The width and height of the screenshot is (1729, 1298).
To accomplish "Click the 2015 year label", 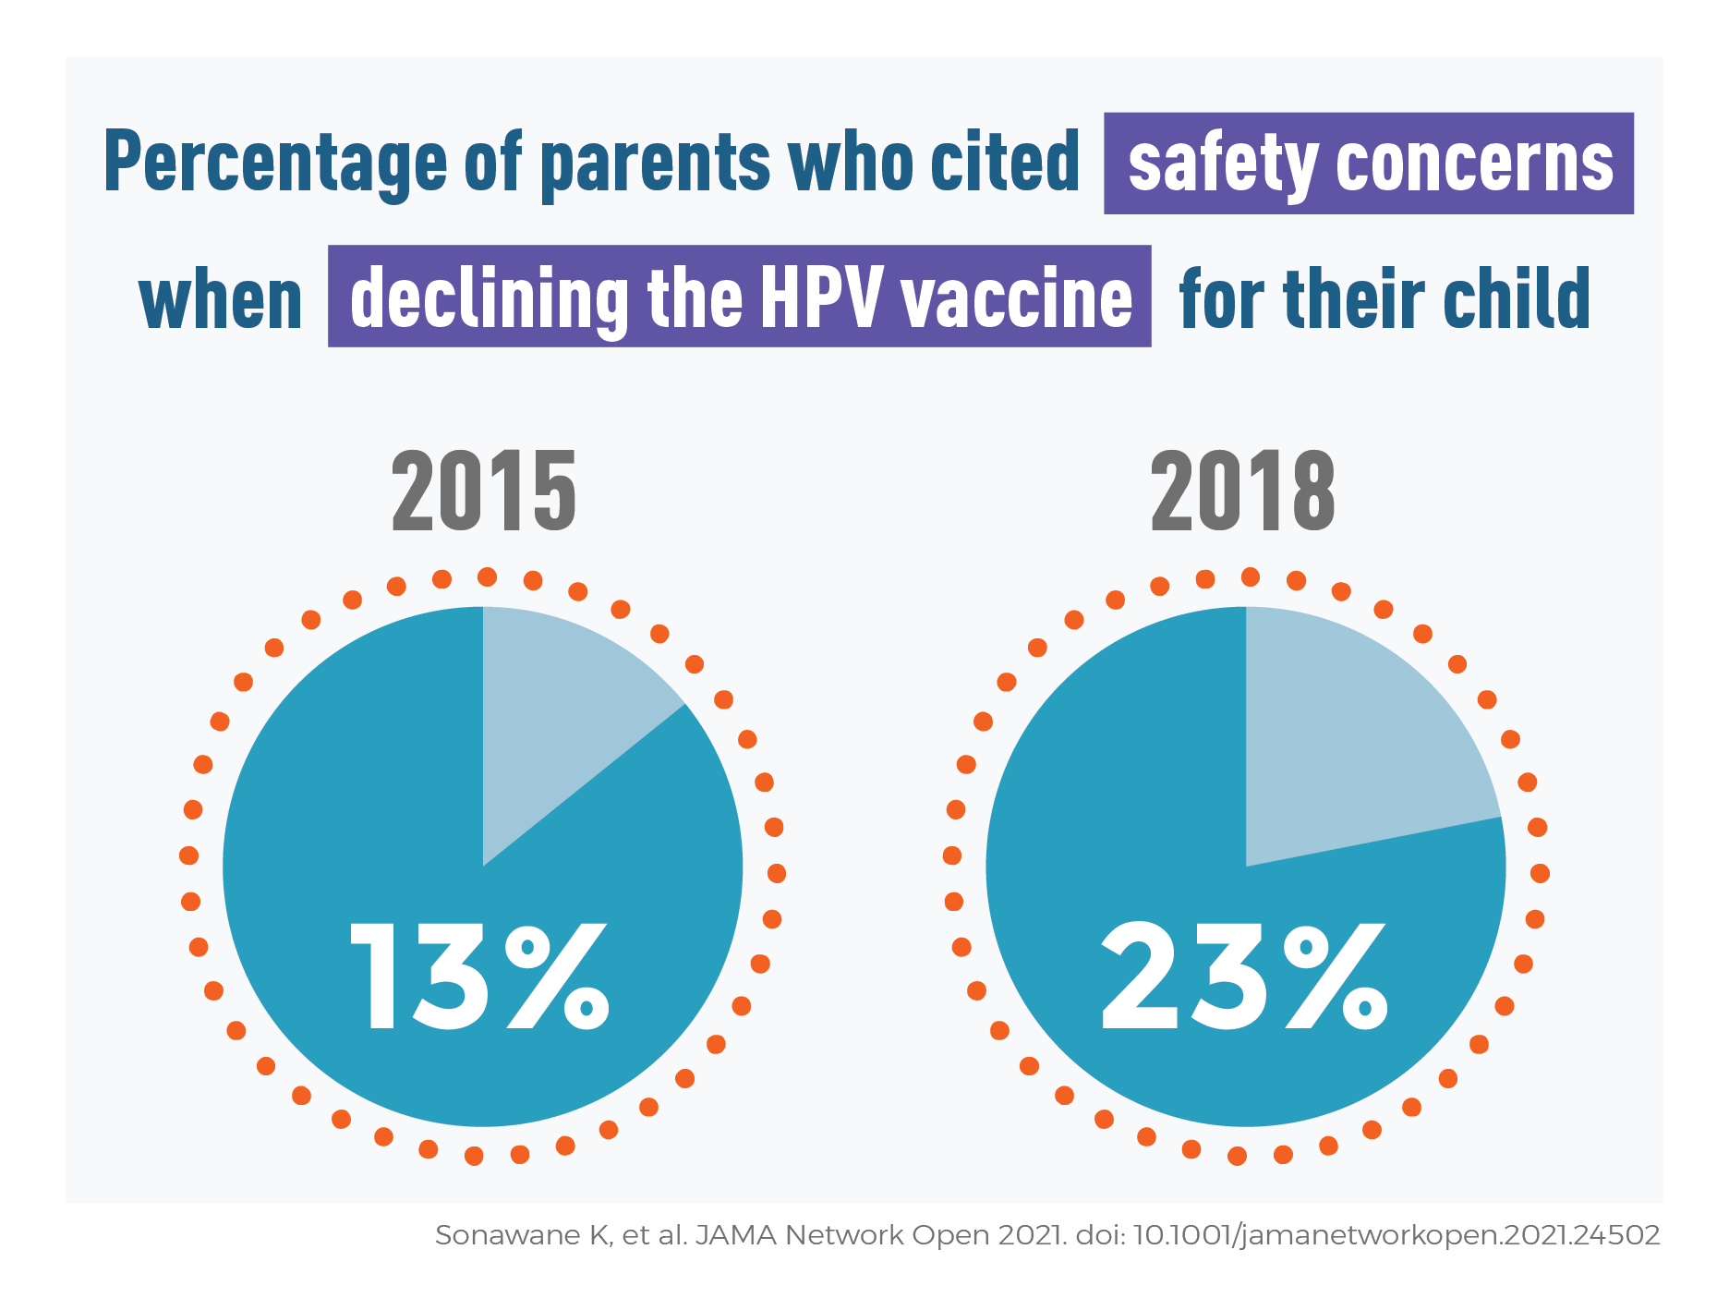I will [x=484, y=491].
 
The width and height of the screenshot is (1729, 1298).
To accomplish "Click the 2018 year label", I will [x=1243, y=491].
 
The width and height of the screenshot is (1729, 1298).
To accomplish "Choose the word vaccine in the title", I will [x=1016, y=297].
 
